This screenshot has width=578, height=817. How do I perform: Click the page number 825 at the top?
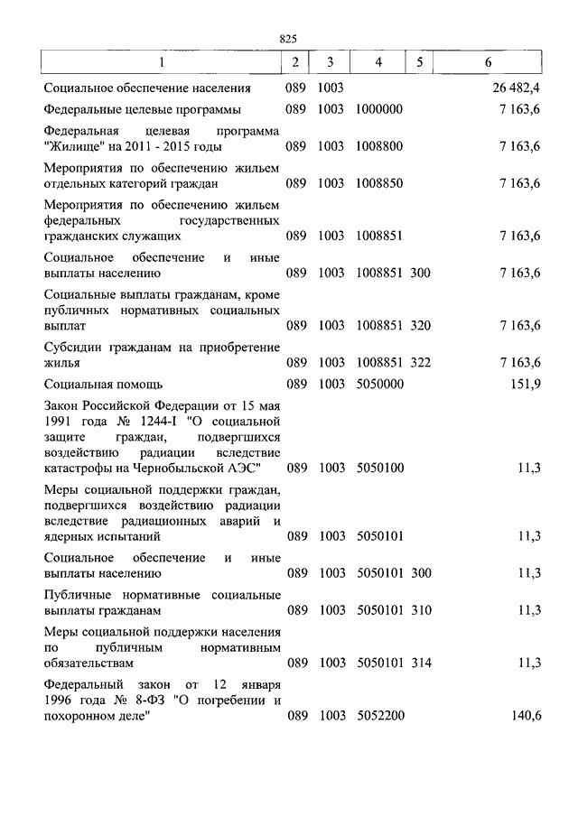click(289, 39)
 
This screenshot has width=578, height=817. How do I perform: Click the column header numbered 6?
click(489, 62)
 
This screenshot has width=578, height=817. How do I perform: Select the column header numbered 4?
click(379, 62)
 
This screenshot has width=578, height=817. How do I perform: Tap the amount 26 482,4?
click(517, 88)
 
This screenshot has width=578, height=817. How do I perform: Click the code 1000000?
click(379, 109)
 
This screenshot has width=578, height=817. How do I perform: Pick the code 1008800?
click(379, 146)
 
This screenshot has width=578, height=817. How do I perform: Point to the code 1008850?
click(379, 183)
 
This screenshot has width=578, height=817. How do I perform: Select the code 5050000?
click(379, 384)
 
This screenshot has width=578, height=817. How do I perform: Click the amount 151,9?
click(525, 384)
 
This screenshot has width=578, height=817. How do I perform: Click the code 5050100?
click(379, 468)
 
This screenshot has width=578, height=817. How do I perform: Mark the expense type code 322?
click(421, 362)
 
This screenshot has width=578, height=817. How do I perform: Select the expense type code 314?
click(421, 663)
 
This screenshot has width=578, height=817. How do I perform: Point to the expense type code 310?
click(421, 610)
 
